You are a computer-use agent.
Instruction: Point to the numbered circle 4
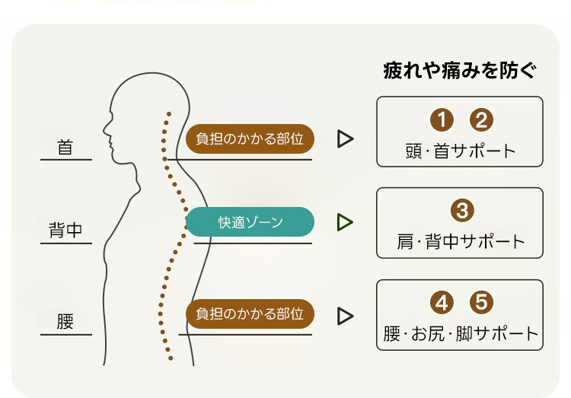point(442,302)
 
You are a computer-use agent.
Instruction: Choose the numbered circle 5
point(481,302)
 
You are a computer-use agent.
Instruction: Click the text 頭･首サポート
point(461,150)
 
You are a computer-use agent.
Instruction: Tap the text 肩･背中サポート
point(461,242)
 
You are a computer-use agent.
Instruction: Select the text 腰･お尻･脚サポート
point(461,333)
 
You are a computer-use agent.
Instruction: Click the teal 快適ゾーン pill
point(250,222)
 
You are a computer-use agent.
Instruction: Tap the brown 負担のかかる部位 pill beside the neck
point(250,139)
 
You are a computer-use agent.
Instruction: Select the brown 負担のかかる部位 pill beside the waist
point(250,314)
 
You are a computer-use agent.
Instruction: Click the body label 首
point(65,148)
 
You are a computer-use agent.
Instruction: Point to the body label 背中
point(65,231)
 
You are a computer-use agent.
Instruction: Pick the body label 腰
point(65,321)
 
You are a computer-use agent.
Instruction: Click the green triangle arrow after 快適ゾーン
point(345,222)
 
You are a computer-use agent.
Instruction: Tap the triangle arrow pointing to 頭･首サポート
point(345,139)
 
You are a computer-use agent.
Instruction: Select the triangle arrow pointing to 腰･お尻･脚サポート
point(345,314)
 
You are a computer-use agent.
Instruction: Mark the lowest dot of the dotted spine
point(172,357)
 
